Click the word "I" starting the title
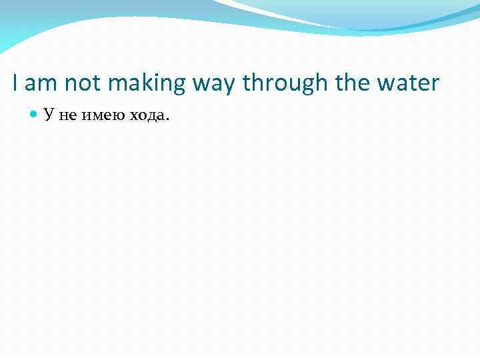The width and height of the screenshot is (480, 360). point(15,83)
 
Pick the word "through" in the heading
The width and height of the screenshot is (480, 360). point(286,85)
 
